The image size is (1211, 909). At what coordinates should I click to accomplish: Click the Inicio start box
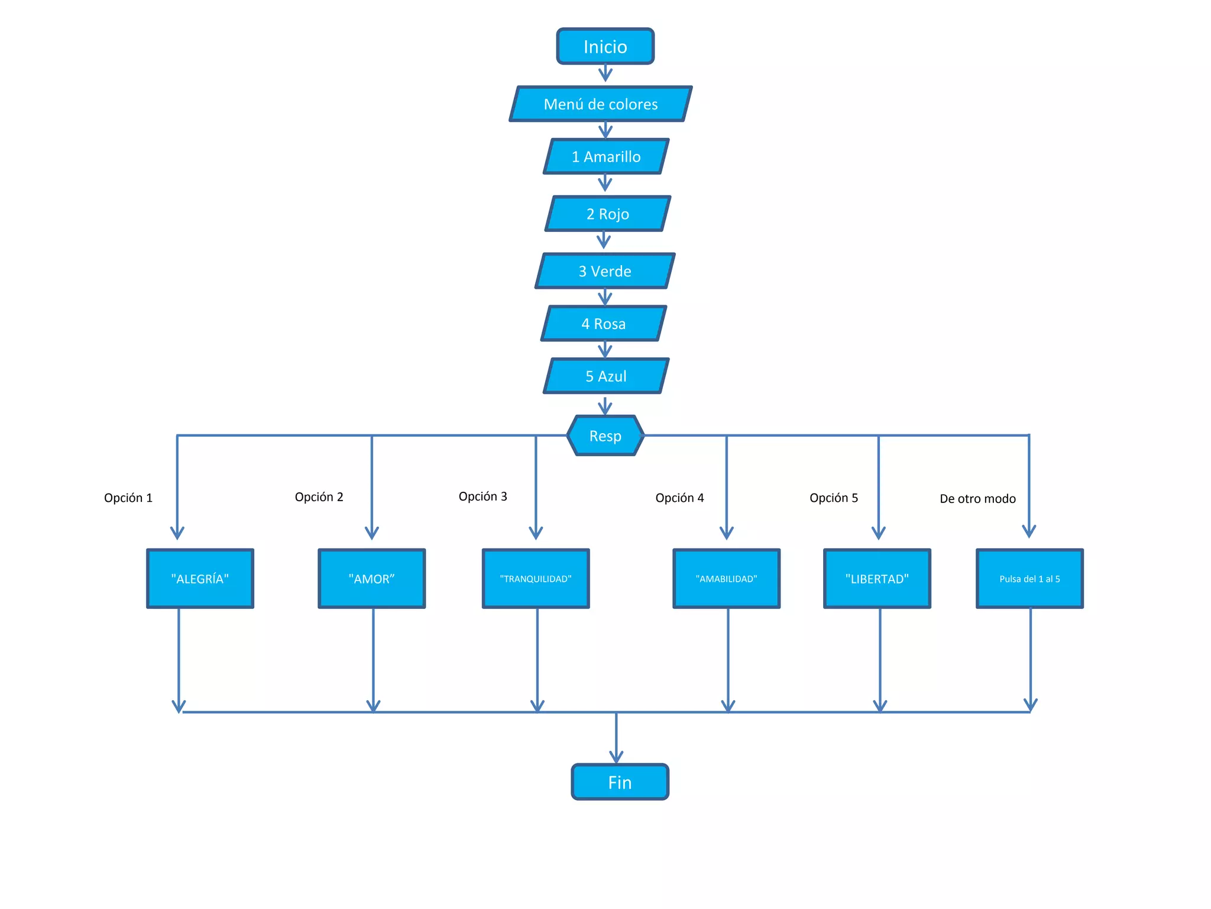point(605,46)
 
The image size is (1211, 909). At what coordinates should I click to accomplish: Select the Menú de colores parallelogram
point(600,104)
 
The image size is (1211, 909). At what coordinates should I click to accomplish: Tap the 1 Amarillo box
point(606,156)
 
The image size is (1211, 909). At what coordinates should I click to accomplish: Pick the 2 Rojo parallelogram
point(608,214)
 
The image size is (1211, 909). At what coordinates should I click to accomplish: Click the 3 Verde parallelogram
point(605,271)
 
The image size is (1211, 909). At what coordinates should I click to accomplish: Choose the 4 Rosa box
point(604,324)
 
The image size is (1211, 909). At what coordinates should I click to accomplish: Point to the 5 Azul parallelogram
point(606,376)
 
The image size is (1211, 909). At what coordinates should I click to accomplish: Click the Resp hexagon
point(605,436)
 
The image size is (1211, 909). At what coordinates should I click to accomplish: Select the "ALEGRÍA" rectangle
point(200,579)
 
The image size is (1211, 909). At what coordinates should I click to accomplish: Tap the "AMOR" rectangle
point(371,579)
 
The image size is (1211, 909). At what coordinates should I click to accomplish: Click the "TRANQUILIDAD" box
point(536,579)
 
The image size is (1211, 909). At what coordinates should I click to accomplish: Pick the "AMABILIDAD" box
point(726,579)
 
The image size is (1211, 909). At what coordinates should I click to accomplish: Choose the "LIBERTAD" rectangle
point(877,579)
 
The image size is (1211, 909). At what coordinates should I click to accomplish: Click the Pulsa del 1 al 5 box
point(1029,579)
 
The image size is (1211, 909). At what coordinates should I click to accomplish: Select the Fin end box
point(620,782)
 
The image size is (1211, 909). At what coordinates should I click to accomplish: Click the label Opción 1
point(128,498)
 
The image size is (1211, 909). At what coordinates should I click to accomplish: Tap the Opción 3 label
point(483,497)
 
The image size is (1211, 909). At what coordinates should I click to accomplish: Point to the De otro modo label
point(977,499)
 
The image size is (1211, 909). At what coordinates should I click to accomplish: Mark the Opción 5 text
point(833,498)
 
